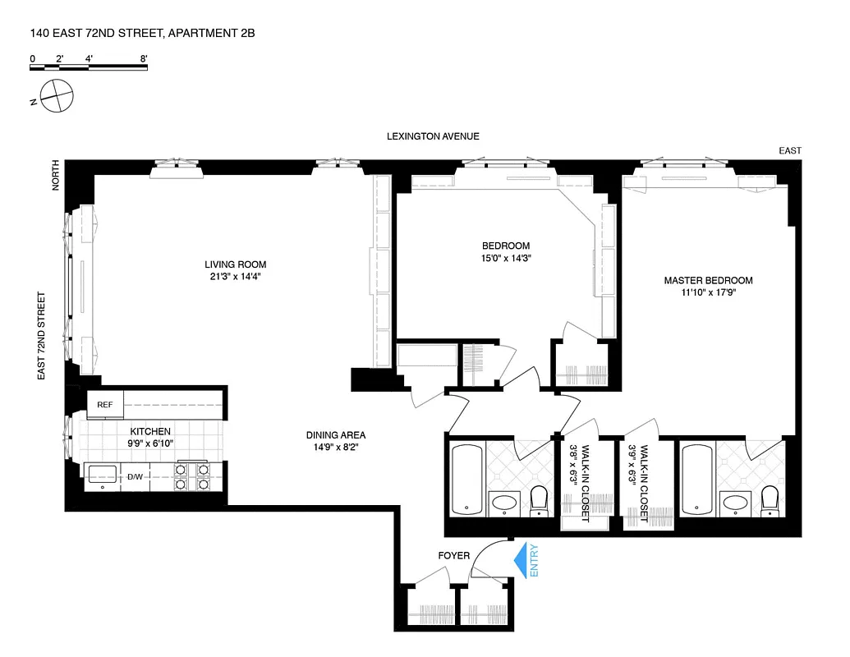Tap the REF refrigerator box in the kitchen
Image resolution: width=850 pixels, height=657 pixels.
click(105, 404)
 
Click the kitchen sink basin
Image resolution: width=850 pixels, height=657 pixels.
click(103, 473)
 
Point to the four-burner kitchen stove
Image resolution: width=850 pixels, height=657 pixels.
click(191, 476)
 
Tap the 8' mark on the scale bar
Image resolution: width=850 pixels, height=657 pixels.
click(144, 58)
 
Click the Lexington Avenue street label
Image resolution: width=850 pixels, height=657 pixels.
click(433, 136)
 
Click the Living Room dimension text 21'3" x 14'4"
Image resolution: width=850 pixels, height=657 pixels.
click(236, 277)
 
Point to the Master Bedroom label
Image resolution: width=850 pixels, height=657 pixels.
click(708, 280)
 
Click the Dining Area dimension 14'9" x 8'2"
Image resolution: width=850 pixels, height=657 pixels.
click(335, 448)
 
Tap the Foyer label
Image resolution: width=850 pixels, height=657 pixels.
click(453, 556)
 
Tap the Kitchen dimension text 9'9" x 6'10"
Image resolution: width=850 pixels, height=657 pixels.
click(149, 444)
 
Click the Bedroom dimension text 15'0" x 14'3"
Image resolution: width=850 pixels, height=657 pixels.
click(505, 258)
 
